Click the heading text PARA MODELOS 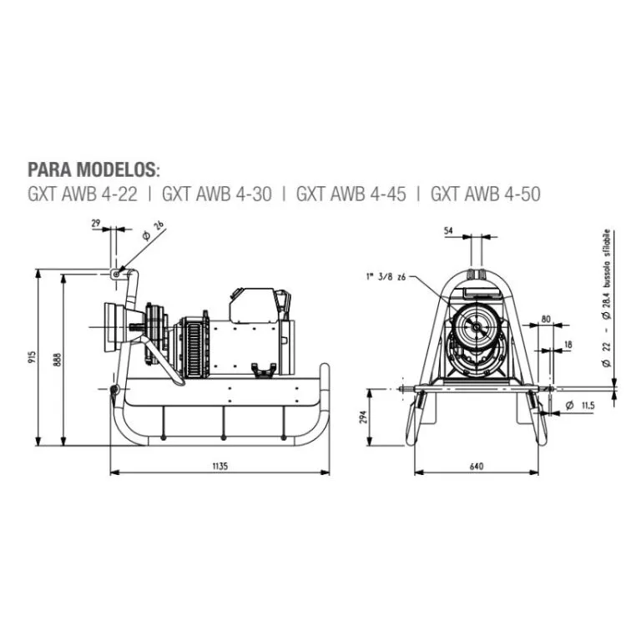click(x=93, y=169)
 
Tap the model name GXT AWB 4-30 click(x=216, y=194)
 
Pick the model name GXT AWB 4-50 click(x=485, y=194)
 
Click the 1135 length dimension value click(x=220, y=465)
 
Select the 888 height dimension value click(x=58, y=359)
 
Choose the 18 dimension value click(x=568, y=344)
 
